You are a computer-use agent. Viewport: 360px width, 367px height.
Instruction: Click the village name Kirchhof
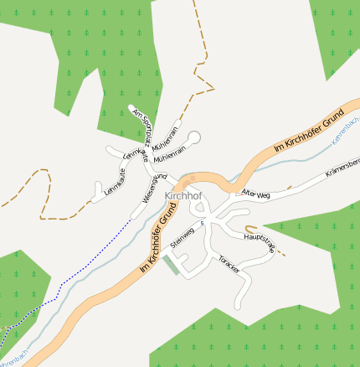[x=183, y=196]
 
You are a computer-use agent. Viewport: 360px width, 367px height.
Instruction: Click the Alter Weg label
[x=256, y=194]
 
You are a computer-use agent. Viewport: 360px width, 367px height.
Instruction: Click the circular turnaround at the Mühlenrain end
[x=194, y=137]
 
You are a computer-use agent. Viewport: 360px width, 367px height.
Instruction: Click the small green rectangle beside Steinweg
[x=171, y=264]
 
